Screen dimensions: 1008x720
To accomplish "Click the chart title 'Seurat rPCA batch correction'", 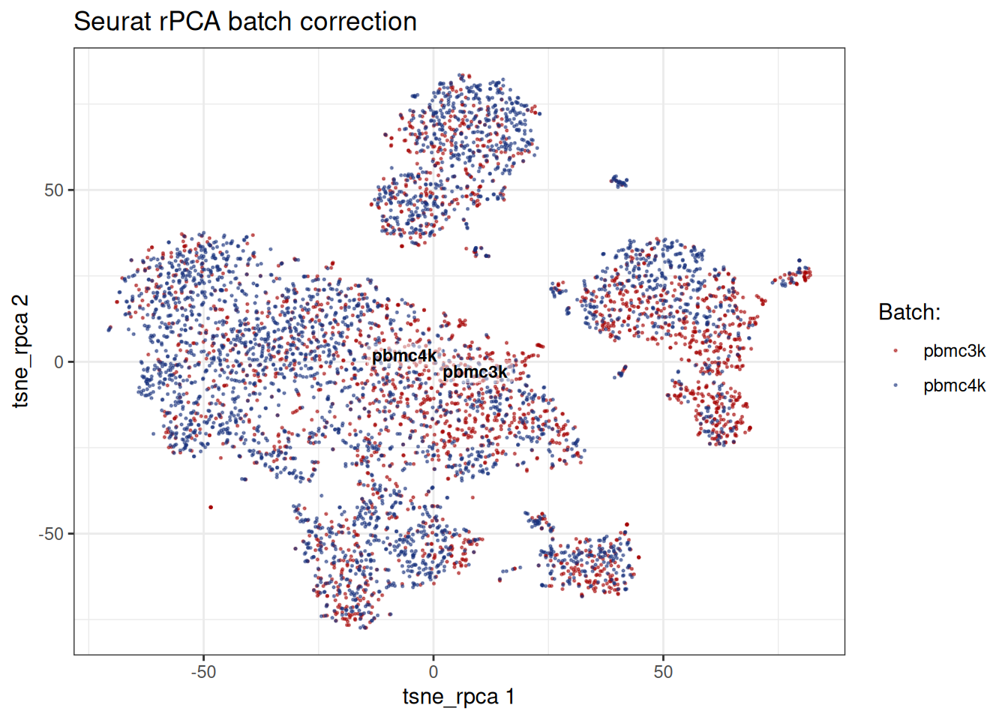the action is point(245,22).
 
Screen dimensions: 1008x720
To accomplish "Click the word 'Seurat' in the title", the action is point(112,22).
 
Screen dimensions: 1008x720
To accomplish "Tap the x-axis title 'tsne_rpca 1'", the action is point(458,697).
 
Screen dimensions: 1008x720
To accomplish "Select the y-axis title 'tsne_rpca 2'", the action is point(21,352).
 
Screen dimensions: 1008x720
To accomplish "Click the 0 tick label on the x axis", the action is point(433,672).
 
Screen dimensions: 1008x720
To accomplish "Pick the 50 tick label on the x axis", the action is point(663,672).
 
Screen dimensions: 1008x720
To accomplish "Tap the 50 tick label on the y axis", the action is point(53,190).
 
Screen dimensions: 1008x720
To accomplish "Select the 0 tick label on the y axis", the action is point(58,362).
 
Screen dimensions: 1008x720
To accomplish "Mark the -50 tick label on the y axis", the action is point(51,534).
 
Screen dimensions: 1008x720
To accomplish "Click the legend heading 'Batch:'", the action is point(910,312).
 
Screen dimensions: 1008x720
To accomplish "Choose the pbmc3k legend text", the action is point(955,351).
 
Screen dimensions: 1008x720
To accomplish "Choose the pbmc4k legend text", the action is point(955,385).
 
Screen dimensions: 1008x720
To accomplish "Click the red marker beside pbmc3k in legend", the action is point(895,350).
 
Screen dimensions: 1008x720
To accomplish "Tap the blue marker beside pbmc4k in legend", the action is point(895,385).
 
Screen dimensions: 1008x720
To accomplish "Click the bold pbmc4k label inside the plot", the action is point(404,356).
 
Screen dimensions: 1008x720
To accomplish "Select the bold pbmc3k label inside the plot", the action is point(475,372).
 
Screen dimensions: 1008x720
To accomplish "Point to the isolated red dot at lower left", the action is point(211,508).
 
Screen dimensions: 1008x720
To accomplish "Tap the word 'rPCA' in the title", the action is point(190,22).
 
